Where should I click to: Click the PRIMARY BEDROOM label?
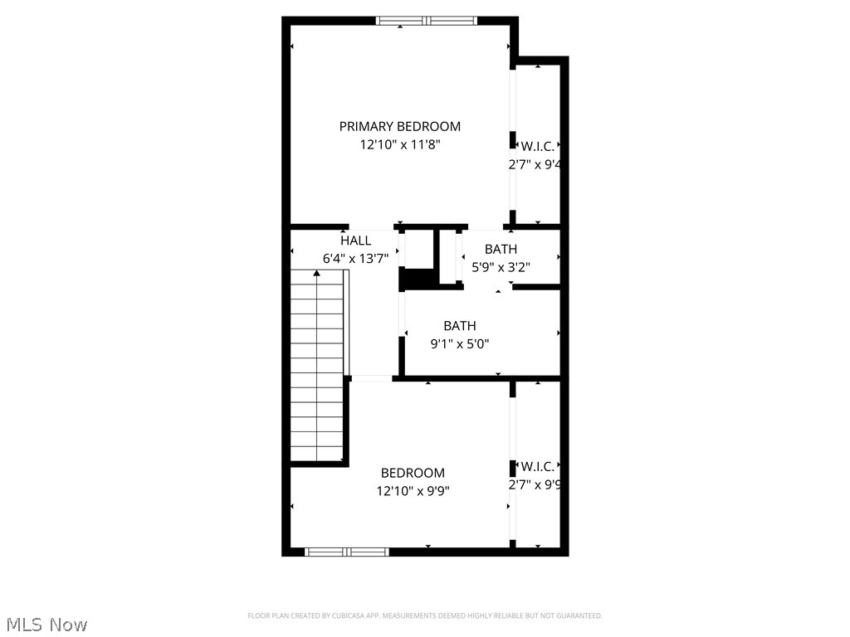[399, 127]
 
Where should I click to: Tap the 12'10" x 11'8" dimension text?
[399, 144]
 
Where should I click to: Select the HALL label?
[355, 241]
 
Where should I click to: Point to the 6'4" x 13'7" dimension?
[355, 258]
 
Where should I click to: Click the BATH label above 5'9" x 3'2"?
[501, 250]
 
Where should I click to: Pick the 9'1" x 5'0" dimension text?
[459, 344]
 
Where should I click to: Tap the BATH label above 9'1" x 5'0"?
[459, 327]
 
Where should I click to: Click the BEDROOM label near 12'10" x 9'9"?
[413, 473]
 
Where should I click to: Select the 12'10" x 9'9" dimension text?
[413, 491]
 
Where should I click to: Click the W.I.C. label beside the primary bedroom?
[537, 146]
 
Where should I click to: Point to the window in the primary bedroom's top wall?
[427, 21]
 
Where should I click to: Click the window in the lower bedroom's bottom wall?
[347, 552]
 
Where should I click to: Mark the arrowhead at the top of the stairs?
[316, 273]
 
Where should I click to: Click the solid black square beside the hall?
[418, 280]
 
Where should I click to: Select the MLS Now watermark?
[46, 624]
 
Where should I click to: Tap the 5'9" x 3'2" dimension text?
[501, 267]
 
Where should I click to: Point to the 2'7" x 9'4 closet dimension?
[535, 164]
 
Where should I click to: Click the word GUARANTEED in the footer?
[581, 615]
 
